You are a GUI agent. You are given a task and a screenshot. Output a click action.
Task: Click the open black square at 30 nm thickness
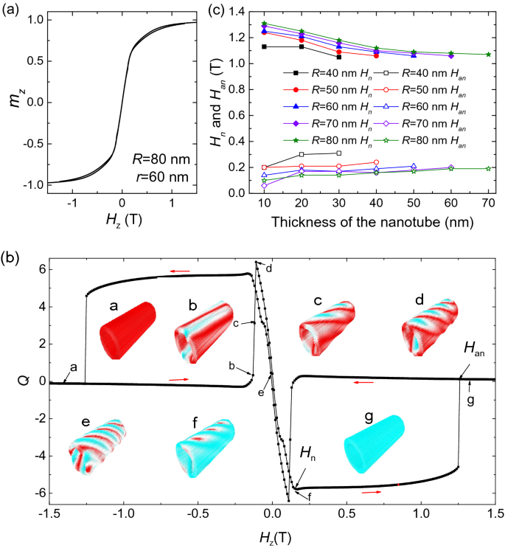[x=338, y=153]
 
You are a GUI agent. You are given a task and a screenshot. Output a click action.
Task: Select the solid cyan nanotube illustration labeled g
[x=375, y=445]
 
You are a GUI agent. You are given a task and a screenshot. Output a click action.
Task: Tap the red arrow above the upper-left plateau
[x=178, y=271]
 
